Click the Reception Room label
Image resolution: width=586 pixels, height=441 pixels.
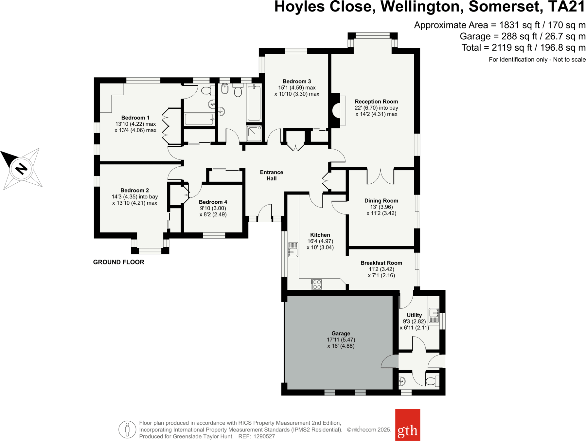pos(376,101)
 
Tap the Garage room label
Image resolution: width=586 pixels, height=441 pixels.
pos(341,333)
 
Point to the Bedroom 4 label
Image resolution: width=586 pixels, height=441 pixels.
pos(213,202)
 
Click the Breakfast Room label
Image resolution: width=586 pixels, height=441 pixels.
pos(381,263)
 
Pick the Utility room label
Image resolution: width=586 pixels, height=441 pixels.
pos(414,315)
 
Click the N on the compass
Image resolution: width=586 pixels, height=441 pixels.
pos(22,169)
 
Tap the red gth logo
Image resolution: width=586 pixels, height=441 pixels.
pos(407,425)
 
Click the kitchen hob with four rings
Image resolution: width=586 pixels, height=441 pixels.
pos(316,285)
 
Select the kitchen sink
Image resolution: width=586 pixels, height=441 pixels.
pos(293,249)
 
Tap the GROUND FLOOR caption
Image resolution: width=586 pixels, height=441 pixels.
pos(118,262)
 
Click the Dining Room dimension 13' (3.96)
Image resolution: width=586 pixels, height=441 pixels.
pos(381,207)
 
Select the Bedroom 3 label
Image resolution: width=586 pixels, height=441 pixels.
pos(297,81)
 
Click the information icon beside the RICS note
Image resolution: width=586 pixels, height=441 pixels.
pos(127,430)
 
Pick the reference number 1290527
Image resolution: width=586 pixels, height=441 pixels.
pos(264,436)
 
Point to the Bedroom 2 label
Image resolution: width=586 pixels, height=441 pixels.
pos(134,190)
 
